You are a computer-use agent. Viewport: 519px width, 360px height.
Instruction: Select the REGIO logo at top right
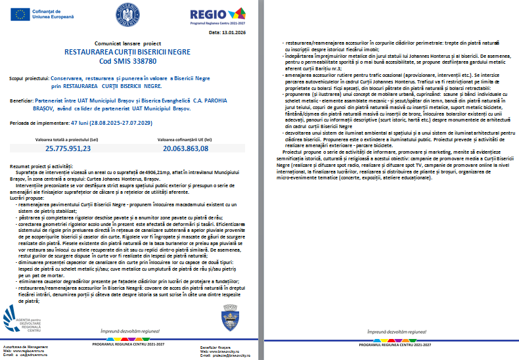(x=208, y=14)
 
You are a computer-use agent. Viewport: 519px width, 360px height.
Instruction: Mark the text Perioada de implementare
(x=32, y=124)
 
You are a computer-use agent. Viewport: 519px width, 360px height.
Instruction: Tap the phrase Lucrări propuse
(x=24, y=197)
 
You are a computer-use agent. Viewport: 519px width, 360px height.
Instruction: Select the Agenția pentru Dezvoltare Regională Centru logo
(x=25, y=320)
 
